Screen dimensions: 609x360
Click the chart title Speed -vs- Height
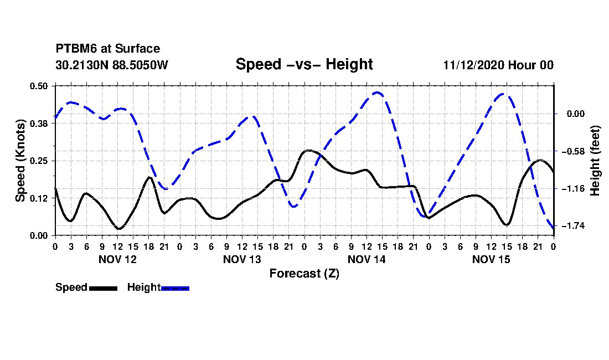click(x=304, y=64)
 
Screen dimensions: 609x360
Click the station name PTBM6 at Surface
click(x=108, y=49)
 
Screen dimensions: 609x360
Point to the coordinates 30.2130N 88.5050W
click(x=112, y=65)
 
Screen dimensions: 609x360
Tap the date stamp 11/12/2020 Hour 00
click(x=498, y=65)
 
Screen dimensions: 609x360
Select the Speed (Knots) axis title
click(x=20, y=161)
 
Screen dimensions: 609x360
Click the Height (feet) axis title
click(x=595, y=161)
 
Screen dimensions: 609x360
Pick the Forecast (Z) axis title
click(x=304, y=274)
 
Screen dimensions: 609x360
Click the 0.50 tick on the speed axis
click(x=39, y=86)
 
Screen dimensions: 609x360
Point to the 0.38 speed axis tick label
click(x=39, y=124)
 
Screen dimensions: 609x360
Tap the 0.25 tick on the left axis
click(x=39, y=161)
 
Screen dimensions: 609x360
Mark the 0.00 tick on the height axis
click(x=576, y=114)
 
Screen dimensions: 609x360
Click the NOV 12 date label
click(x=118, y=259)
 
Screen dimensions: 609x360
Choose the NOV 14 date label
click(x=367, y=259)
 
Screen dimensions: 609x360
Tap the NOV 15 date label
click(x=491, y=259)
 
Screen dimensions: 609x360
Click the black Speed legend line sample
click(x=104, y=288)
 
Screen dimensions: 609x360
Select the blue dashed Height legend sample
click(x=175, y=288)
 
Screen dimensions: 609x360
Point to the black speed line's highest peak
click(x=308, y=150)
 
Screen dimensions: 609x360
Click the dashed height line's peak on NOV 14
click(x=376, y=92)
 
